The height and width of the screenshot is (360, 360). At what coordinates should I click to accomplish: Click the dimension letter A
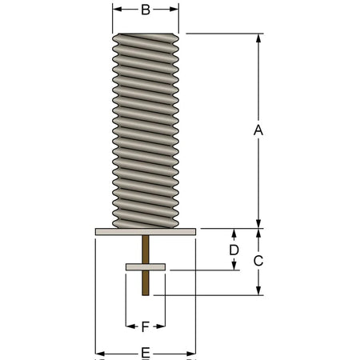coord(258,130)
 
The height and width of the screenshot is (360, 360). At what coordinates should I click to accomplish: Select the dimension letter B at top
coord(146,10)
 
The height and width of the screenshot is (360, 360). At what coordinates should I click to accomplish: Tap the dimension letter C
coord(258,261)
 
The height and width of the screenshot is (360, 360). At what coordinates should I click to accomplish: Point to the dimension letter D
coord(234,250)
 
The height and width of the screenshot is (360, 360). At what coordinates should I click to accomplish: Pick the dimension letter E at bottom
coord(146,354)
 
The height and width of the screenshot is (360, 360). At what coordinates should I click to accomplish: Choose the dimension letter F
coord(145,326)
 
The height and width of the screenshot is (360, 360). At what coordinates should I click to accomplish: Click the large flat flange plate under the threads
coord(146,232)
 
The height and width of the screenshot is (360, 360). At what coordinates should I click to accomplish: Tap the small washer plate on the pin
coord(146,267)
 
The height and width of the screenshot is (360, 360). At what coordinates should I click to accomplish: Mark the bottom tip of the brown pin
coord(146,295)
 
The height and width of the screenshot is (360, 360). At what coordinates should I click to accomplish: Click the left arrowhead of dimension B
coord(117,10)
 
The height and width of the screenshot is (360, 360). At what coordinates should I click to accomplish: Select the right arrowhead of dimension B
coord(174,10)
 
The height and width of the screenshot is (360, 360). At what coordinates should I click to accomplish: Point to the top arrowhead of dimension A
coord(258,38)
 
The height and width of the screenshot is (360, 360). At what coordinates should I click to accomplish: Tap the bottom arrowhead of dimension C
coord(258,290)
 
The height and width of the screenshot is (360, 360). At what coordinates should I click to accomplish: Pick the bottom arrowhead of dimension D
coord(234,266)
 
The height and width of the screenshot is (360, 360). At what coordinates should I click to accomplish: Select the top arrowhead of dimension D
coord(234,233)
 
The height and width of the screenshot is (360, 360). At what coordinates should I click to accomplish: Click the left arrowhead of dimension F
coord(130,326)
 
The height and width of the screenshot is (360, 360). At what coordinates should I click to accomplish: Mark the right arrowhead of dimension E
coord(191,354)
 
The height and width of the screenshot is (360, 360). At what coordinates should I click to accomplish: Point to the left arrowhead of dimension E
coord(100,354)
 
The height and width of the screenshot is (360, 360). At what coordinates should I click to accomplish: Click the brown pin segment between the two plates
coord(146,250)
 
